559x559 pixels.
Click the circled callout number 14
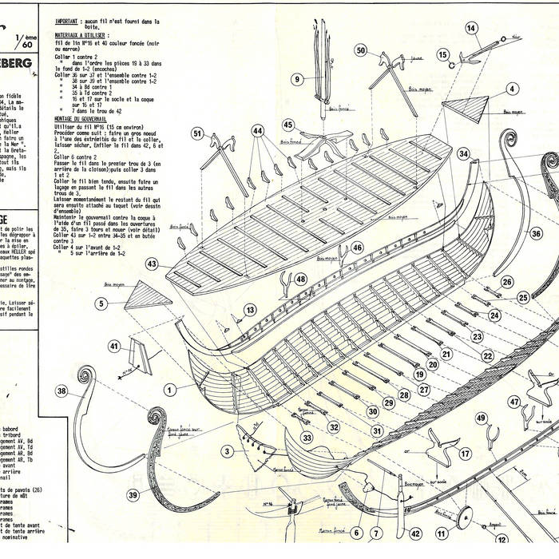coord(472,28)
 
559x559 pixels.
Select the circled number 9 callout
coord(297,78)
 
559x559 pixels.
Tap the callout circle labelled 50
coord(361,50)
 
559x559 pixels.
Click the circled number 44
coord(257,129)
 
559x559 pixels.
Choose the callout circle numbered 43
coord(152,263)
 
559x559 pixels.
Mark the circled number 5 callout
coord(101,303)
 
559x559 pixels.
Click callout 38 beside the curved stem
coord(62,391)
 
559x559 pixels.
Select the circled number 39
coord(133,495)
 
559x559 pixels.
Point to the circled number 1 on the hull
coord(169,389)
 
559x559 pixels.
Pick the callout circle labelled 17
coord(465,454)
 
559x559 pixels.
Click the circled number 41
coord(114,347)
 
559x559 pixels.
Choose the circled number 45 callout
coord(288,125)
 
